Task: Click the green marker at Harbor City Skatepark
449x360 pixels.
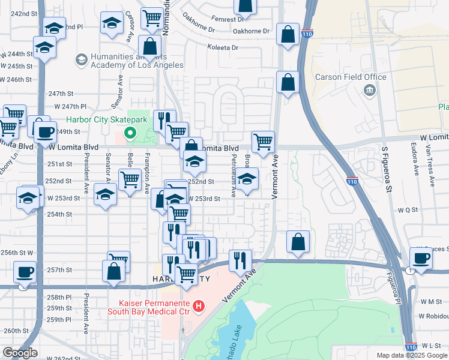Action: pyautogui.click(x=128, y=134)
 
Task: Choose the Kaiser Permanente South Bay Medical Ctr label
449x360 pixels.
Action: pyautogui.click(x=148, y=307)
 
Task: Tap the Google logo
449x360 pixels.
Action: pyautogui.click(x=20, y=353)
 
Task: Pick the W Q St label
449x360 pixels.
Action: pyautogui.click(x=407, y=210)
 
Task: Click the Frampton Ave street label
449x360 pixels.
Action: pyautogui.click(x=147, y=174)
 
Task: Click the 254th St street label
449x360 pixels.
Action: pyautogui.click(x=60, y=214)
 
